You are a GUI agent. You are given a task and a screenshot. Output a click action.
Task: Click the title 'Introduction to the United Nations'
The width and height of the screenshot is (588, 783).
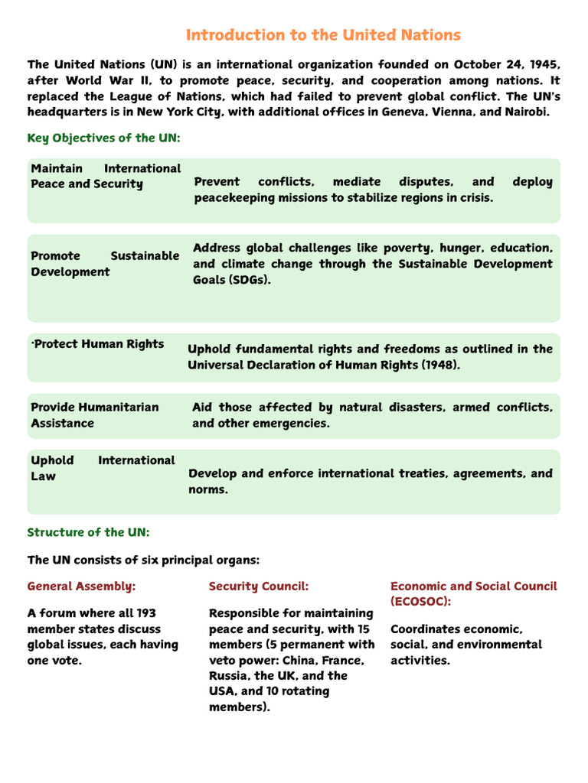pos(323,35)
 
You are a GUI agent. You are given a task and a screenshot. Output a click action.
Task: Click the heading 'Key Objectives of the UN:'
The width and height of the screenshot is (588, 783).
pos(103,138)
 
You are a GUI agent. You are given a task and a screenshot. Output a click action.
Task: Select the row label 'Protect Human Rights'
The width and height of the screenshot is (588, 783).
pos(98,344)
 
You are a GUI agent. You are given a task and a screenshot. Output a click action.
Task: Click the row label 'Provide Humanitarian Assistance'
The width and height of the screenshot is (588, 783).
pos(94,415)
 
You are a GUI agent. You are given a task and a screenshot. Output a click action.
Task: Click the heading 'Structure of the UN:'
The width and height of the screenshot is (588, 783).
pos(88,532)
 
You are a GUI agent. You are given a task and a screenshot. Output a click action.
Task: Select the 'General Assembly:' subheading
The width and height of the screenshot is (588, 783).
pos(81,586)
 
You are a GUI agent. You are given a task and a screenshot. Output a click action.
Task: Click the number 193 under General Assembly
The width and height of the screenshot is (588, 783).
pos(145,613)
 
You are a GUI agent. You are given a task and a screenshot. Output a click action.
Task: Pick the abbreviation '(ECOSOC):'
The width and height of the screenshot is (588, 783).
pos(420,602)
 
